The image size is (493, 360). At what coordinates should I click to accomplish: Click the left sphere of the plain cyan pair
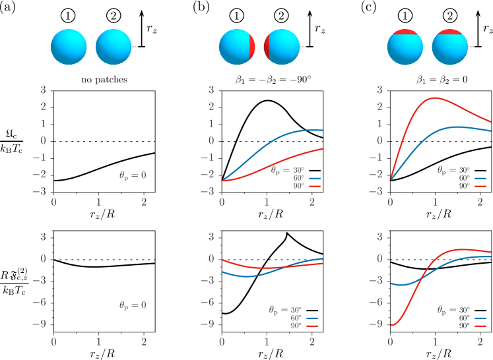click(x=69, y=47)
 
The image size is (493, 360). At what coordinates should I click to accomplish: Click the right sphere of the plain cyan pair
click(x=114, y=47)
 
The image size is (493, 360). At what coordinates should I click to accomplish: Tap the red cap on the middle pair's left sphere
click(x=252, y=47)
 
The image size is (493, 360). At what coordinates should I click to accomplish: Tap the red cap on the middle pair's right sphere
click(x=267, y=47)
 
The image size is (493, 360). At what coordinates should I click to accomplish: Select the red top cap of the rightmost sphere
click(x=449, y=32)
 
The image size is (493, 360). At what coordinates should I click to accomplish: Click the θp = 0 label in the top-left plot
click(x=133, y=175)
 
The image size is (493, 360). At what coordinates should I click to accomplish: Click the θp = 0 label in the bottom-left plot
click(x=133, y=305)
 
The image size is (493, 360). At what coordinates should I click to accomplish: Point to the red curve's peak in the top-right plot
click(x=434, y=98)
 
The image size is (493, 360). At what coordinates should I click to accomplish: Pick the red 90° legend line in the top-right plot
click(x=480, y=187)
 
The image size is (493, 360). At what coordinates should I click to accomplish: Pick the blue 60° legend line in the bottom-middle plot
click(x=313, y=318)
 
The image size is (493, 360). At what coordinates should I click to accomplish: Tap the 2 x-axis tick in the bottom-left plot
click(x=143, y=342)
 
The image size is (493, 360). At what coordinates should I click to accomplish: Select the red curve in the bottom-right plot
click(x=422, y=277)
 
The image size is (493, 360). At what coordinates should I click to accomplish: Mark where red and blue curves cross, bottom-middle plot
click(x=280, y=268)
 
